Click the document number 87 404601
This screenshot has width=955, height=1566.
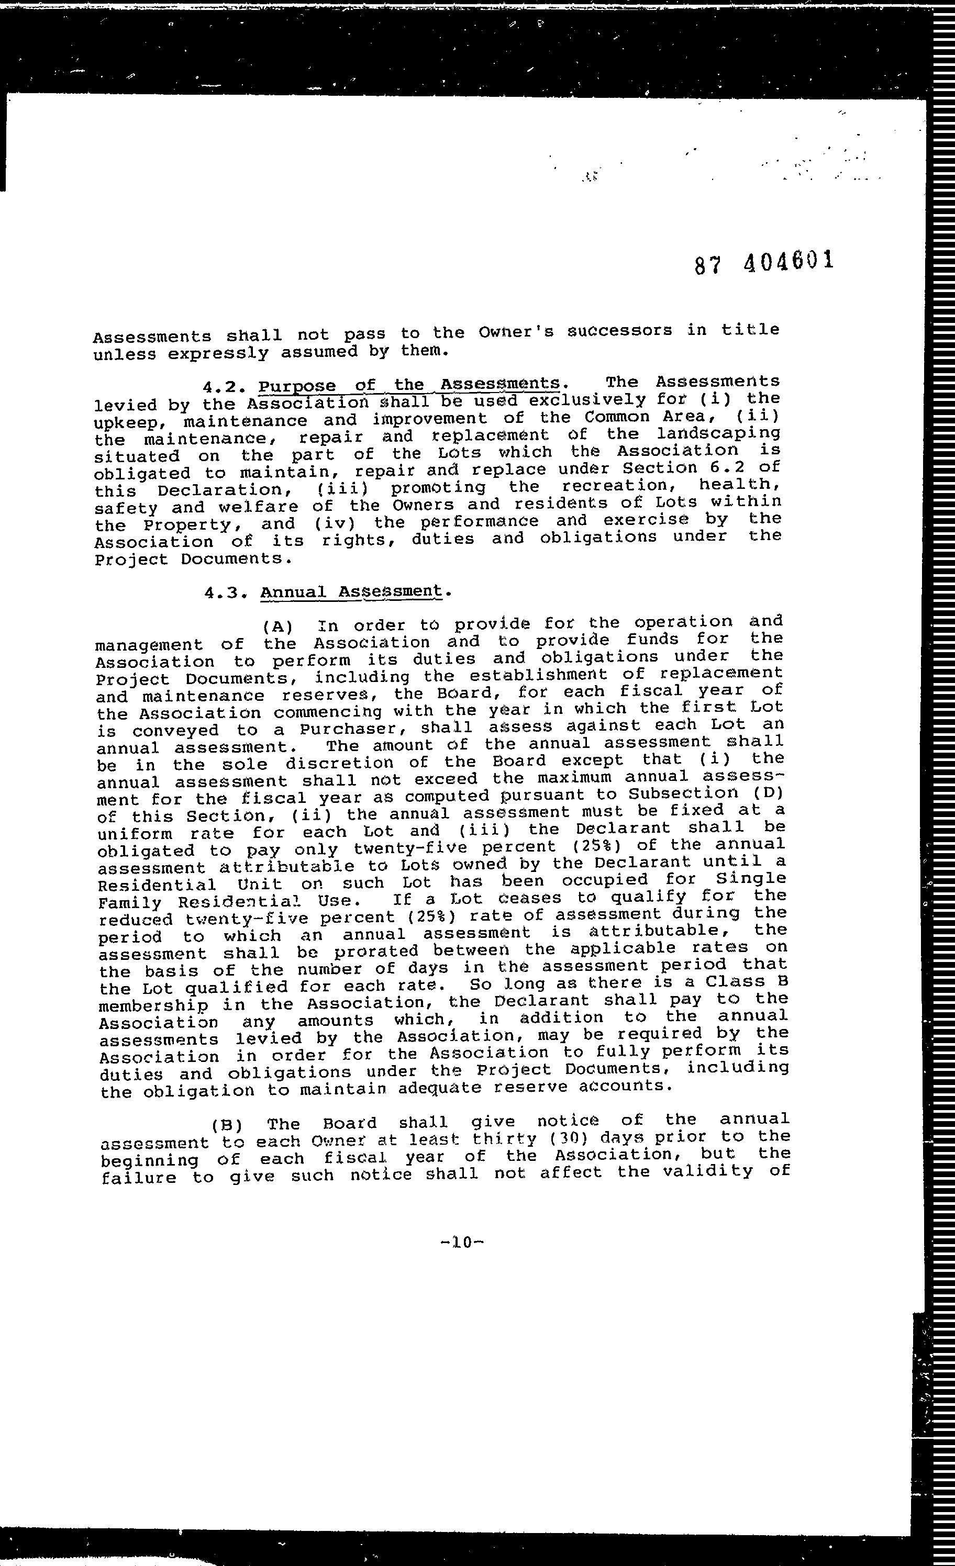click(763, 262)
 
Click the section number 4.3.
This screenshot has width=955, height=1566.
click(226, 593)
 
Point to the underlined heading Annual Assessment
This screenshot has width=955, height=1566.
click(351, 591)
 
